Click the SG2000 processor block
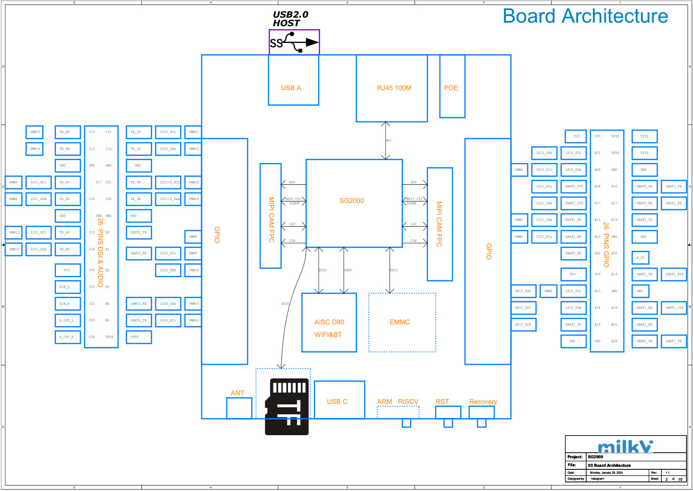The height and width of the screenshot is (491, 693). [354, 203]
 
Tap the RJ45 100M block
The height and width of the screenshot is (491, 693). [392, 88]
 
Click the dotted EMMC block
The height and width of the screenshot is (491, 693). [402, 322]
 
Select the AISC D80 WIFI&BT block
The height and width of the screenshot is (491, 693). [329, 322]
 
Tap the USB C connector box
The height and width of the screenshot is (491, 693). [339, 400]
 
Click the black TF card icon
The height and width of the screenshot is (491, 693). [287, 406]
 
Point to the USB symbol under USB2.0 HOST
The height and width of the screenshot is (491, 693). [294, 42]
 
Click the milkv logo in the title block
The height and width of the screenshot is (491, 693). [625, 446]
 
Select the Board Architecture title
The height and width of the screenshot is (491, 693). [585, 16]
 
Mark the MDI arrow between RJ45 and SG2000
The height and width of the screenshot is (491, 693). [386, 141]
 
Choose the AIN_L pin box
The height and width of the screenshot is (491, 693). [67, 287]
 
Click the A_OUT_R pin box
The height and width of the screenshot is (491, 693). [67, 337]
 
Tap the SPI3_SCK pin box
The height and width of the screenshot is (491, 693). [523, 325]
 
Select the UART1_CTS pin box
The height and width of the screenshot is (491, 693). [674, 308]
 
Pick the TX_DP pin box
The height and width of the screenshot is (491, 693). [67, 132]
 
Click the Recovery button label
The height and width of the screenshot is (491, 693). [483, 401]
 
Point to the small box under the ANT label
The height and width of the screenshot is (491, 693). [239, 408]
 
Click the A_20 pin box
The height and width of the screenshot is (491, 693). [640, 258]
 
